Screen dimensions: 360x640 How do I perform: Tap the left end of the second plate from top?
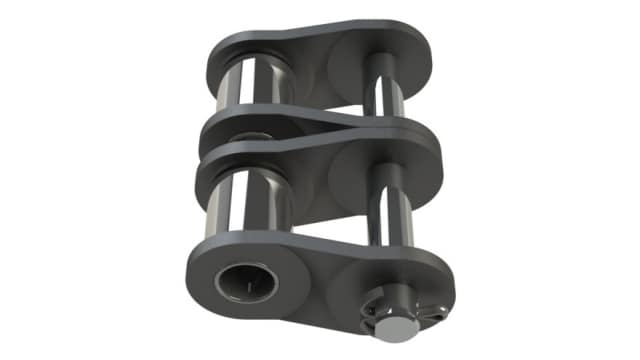tap(215, 125)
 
